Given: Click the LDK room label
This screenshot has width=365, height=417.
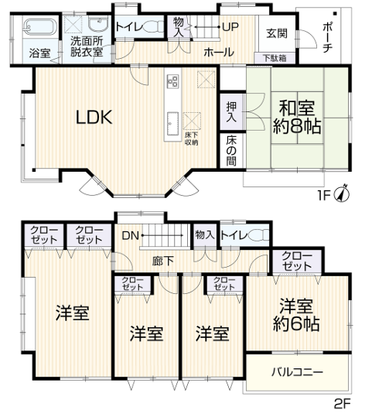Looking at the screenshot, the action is (x=94, y=118).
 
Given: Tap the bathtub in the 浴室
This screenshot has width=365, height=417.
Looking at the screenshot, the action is (x=39, y=27).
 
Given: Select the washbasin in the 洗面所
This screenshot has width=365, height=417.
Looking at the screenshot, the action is (x=98, y=24).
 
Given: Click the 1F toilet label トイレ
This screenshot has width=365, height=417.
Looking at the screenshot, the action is (x=129, y=26).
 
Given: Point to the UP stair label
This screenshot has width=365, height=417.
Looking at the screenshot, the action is (x=230, y=26).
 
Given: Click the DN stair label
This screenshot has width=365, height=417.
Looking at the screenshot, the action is (x=130, y=235).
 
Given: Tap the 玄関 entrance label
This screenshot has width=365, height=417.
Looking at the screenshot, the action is (x=277, y=33).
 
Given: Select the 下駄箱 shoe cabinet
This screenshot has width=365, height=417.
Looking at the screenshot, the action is (x=275, y=58).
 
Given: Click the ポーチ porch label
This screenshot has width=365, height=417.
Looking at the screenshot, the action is (x=327, y=37).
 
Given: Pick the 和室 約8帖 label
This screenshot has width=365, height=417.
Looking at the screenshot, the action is (x=297, y=117).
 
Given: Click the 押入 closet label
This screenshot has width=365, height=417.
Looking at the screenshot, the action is (x=231, y=111).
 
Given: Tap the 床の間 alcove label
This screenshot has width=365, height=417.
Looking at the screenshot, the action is (x=231, y=151).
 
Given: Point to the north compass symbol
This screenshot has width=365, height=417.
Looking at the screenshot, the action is (x=342, y=193).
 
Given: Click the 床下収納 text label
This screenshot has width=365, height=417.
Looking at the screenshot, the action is (x=192, y=138).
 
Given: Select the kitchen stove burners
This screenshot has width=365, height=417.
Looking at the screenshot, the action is (x=172, y=80).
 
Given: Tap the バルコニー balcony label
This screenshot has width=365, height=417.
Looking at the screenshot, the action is (x=297, y=372).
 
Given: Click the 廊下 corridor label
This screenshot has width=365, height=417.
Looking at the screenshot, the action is (x=162, y=261).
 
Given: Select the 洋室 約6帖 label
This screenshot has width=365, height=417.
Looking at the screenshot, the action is (x=296, y=315).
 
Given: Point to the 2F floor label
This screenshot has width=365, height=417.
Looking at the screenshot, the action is (x=342, y=405).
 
